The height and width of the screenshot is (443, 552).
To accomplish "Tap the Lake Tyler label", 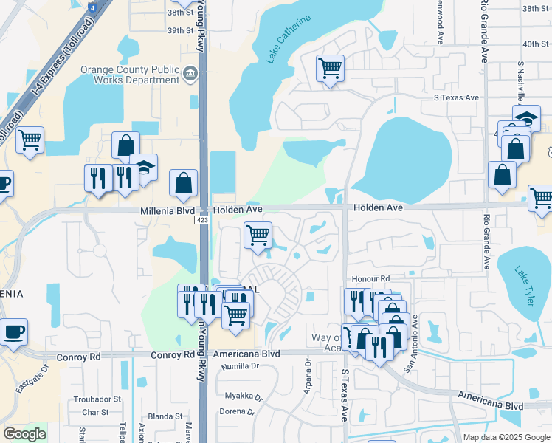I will pyautogui.click(x=524, y=281).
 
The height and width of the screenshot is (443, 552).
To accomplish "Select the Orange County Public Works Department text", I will pyautogui.click(x=130, y=75).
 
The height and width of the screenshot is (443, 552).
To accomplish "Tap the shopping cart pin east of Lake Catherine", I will pyautogui.click(x=331, y=69).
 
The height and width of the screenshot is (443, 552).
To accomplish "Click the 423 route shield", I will pyautogui.click(x=202, y=220).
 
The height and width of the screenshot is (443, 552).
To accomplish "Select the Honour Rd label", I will pyautogui.click(x=370, y=278).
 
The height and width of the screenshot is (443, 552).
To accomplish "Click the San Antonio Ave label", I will pyautogui.click(x=410, y=343).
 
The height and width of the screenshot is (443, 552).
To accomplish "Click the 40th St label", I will pyautogui.click(x=531, y=44).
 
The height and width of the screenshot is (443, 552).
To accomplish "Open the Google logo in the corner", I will pyautogui.click(x=24, y=434).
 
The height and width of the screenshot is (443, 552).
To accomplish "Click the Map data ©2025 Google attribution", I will pyautogui.click(x=506, y=437).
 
